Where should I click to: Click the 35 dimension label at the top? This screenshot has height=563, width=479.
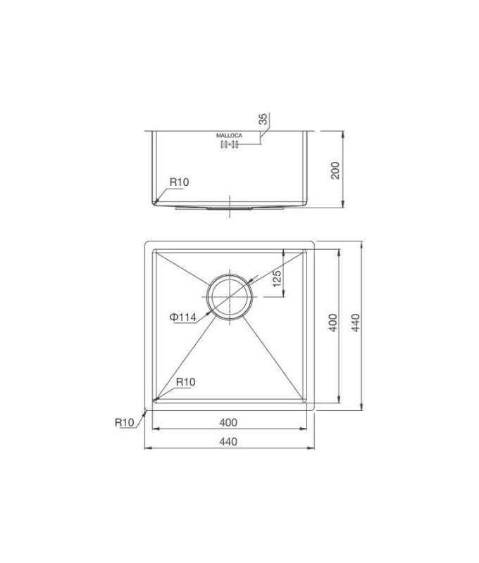262,120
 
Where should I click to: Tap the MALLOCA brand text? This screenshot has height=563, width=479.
229,135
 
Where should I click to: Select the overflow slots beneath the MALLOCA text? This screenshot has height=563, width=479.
230,145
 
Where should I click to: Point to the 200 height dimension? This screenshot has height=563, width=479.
335,170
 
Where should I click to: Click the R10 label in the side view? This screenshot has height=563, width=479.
179,182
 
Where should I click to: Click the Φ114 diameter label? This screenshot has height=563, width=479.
182,317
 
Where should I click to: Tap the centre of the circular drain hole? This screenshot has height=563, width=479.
230,297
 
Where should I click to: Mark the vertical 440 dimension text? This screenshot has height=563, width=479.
355,324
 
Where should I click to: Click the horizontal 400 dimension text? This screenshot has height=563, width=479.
228,422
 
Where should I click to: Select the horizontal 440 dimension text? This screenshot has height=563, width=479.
228,441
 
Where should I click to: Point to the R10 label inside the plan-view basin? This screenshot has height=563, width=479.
185,382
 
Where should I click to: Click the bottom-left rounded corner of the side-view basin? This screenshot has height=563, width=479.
154,202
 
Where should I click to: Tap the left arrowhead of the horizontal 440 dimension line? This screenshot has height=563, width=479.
147,448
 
